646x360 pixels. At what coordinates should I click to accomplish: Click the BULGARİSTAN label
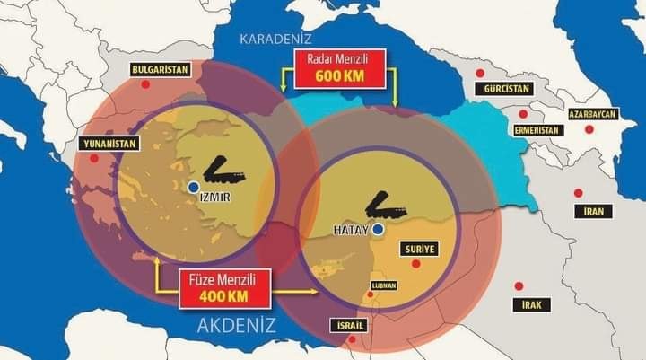pos(158,69)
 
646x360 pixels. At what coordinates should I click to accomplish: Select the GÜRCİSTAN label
pos(503,90)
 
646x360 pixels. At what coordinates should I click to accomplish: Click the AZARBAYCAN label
pos(592,115)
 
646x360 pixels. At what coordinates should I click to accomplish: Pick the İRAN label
pos(598,212)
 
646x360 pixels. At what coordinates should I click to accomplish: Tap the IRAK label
pos(532,304)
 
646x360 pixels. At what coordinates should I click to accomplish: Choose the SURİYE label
pos(420,249)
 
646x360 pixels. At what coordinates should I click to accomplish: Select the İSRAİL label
pos(347,324)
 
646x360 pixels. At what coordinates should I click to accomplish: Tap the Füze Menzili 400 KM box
pos(224,288)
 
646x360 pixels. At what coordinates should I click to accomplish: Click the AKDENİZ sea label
pos(236,325)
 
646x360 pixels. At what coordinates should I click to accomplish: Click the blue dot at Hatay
pos(379,229)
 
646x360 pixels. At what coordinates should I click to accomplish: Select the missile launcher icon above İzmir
pos(228,168)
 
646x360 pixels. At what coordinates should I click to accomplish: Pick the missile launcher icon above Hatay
pos(387,204)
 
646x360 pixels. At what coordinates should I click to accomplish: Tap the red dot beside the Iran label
pos(578,192)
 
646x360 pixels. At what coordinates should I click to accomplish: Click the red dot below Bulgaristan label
pos(145,83)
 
